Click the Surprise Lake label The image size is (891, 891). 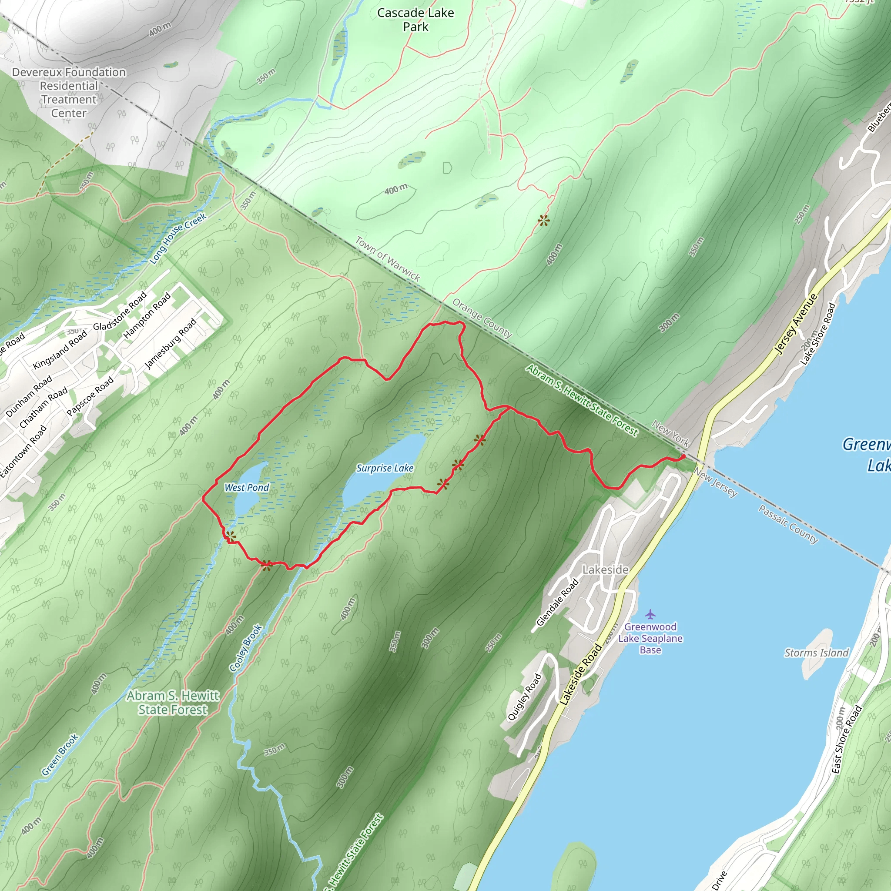click(x=385, y=468)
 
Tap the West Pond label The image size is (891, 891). click(x=246, y=487)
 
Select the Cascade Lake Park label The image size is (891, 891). click(x=415, y=20)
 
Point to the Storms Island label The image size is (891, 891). click(x=816, y=653)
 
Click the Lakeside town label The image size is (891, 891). click(x=605, y=569)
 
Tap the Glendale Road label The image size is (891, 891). click(x=557, y=602)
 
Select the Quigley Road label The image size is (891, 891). click(x=524, y=697)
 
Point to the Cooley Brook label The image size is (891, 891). click(x=246, y=647)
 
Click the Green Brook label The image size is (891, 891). click(x=60, y=754)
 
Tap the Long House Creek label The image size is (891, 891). click(x=178, y=238)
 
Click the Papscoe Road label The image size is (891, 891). click(x=90, y=396)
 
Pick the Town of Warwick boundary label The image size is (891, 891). click(x=387, y=259)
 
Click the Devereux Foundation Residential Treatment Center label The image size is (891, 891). click(x=69, y=92)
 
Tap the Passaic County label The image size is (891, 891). click(x=788, y=524)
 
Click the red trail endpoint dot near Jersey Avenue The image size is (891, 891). click(x=683, y=456)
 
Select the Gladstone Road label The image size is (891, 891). click(x=120, y=310)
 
